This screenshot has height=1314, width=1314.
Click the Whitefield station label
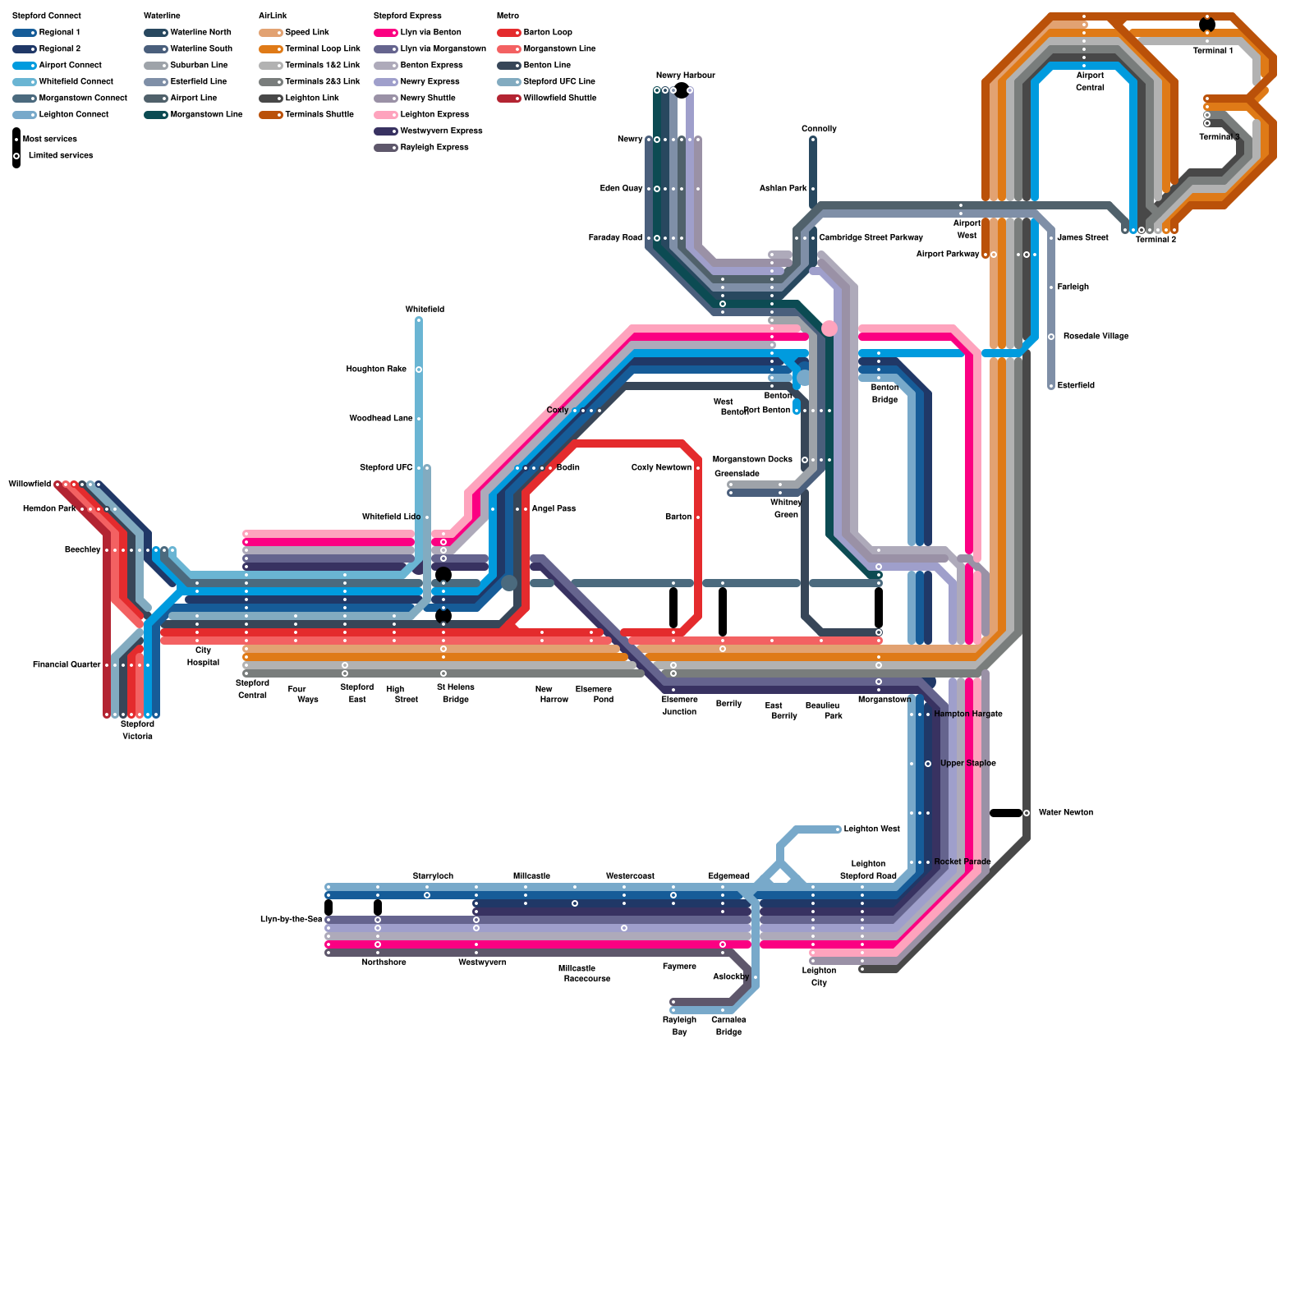click(x=425, y=310)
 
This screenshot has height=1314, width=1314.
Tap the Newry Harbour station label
click(x=685, y=76)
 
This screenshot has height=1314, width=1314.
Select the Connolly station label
click(x=819, y=129)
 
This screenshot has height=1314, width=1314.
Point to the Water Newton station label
click(x=1065, y=813)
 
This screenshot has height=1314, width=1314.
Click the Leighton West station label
click(x=871, y=829)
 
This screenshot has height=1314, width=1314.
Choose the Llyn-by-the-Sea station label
click(x=291, y=920)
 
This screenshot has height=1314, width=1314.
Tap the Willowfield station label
click(x=30, y=485)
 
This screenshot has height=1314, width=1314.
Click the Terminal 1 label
click(x=1212, y=51)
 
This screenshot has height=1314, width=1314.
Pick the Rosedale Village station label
click(x=1096, y=337)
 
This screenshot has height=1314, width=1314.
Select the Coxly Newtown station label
click(x=661, y=468)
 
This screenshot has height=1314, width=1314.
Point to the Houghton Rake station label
click(x=376, y=370)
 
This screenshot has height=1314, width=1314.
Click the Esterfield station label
click(x=1076, y=386)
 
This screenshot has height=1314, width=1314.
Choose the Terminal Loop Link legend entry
click(x=322, y=49)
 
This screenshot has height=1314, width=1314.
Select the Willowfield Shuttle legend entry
click(x=559, y=99)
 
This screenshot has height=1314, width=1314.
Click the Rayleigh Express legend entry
click(x=434, y=148)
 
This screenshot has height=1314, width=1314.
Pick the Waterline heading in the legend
click(x=162, y=16)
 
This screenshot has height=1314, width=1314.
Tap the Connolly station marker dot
click(x=813, y=140)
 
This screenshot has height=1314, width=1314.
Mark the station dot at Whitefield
click(x=419, y=320)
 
